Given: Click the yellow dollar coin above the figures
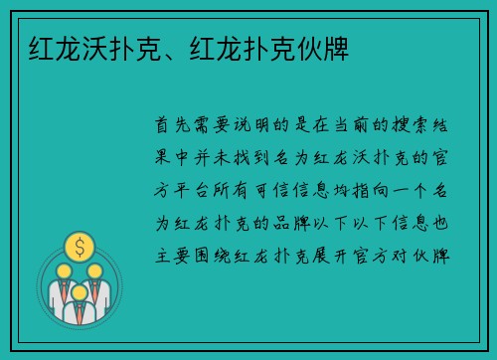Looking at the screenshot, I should tap(79, 245).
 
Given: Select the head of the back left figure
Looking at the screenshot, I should tap(63, 270).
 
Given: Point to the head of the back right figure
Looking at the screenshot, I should tap(95, 270).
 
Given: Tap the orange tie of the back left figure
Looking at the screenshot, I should tap(61, 289).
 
